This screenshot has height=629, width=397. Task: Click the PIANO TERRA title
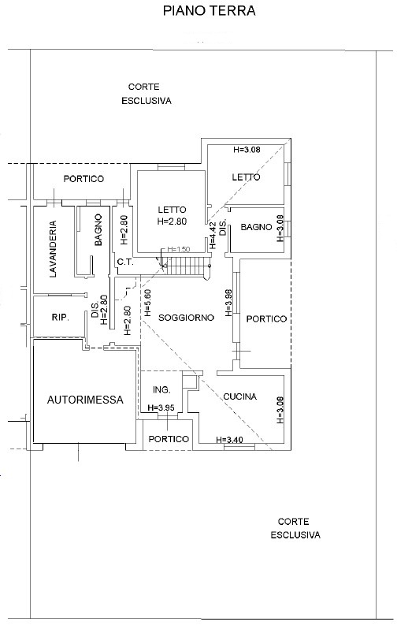[209, 11]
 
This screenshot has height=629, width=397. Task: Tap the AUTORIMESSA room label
[85, 400]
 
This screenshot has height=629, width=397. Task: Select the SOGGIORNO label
[186, 318]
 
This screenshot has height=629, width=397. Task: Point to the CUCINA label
[239, 396]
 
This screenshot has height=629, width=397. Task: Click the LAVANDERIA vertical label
[53, 249]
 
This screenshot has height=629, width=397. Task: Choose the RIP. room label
[60, 318]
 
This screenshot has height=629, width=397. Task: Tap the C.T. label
[125, 262]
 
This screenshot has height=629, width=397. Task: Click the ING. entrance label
[161, 389]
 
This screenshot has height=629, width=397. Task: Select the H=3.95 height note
[161, 408]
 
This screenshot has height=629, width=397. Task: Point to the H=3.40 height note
[229, 440]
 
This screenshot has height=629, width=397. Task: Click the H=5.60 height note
[147, 303]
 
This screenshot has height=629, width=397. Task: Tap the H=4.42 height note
[213, 236]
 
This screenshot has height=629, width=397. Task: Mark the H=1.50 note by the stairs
[178, 250]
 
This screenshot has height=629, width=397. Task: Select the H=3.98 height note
[228, 303]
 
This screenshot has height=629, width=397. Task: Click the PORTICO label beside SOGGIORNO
[266, 319]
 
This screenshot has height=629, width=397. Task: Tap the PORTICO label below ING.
[169, 439]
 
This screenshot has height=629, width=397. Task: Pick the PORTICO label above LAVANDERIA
[83, 179]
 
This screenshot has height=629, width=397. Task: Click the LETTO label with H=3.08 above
[246, 177]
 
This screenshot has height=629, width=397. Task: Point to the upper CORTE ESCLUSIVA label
[147, 94]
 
